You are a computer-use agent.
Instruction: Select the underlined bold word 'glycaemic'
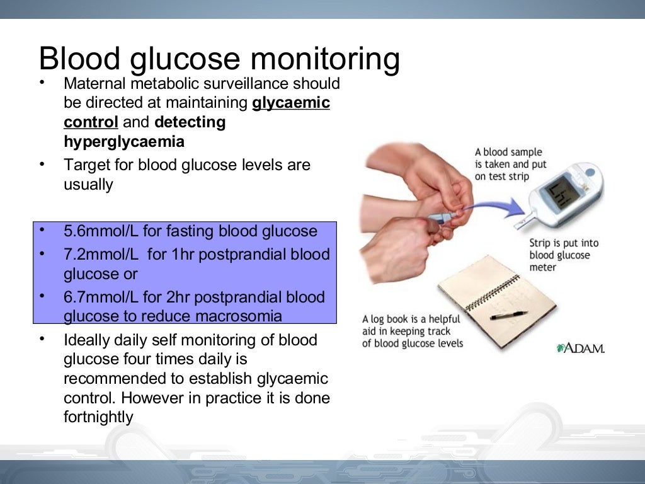click(x=291, y=103)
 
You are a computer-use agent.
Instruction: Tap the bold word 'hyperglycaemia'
click(x=124, y=142)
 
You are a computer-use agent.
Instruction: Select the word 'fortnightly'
click(x=98, y=417)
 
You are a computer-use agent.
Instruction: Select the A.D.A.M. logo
click(x=580, y=349)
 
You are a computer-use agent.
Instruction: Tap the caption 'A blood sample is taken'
click(x=511, y=164)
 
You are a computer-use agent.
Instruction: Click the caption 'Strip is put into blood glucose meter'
click(x=563, y=255)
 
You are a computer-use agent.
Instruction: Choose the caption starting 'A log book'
click(x=412, y=331)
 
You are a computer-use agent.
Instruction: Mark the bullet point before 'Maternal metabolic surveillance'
click(x=42, y=83)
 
